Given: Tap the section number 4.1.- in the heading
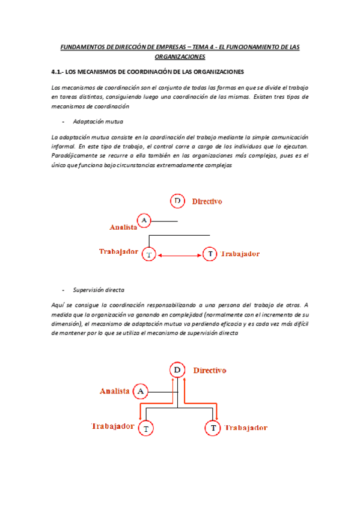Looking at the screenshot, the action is coord(60,72).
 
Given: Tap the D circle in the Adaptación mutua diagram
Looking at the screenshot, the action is coord(177,201).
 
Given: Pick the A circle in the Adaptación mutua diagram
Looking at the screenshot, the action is coord(144,221).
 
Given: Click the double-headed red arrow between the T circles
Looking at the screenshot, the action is coord(180,255).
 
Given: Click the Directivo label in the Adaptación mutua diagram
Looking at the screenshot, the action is coord(207,201).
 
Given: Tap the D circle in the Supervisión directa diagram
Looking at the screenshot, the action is coord(177,370).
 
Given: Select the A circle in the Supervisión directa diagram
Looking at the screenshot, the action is coord(140,392).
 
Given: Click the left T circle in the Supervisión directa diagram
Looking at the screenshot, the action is coord(146,428).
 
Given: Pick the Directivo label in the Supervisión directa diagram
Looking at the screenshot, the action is coord(210,370).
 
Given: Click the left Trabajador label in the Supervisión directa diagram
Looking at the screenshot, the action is coord(112,426).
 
